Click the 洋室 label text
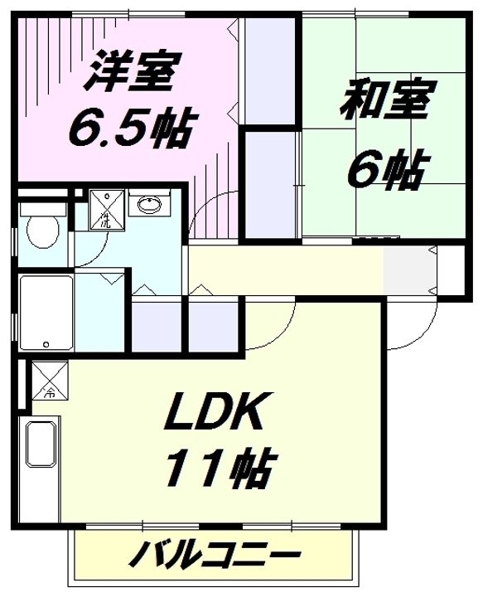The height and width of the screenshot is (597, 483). click(x=129, y=73)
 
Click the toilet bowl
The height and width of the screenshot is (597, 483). click(x=41, y=231)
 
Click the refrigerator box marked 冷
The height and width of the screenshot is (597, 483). click(x=45, y=381)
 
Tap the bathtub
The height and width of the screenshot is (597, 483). click(x=46, y=313)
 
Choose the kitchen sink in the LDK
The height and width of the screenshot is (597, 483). click(x=42, y=443)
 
